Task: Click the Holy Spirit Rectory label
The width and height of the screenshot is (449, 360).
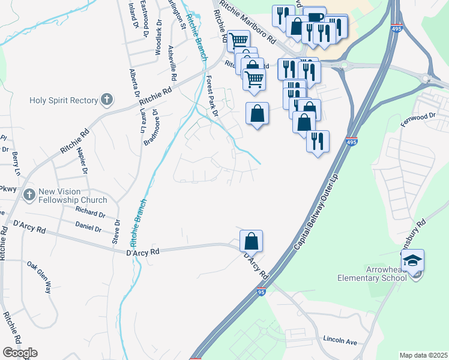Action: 63,100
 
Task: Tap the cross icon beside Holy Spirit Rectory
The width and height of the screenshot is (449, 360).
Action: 107,100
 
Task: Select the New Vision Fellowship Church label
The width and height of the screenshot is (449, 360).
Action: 72,196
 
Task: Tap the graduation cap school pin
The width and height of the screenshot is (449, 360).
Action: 412,261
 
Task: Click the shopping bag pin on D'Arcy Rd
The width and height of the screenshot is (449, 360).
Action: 251,242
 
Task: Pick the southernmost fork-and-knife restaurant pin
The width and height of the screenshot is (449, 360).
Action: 318,142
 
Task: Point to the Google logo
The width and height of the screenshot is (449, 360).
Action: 20,352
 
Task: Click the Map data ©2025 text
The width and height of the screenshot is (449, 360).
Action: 423,355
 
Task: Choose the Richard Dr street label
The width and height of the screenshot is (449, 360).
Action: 90,211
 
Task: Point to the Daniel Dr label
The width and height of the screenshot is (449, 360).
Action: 88,227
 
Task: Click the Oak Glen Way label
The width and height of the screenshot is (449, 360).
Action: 39,277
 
